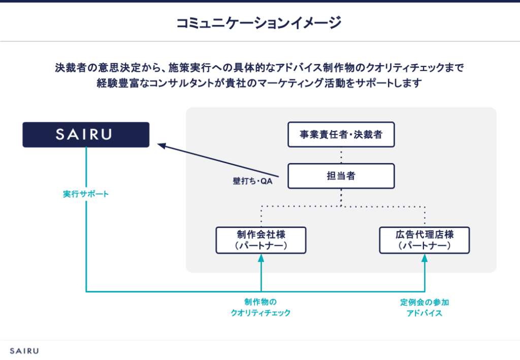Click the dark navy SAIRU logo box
pyautogui.click(x=86, y=135)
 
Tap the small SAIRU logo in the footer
pyautogui.click(x=24, y=350)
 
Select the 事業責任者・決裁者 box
pyautogui.click(x=341, y=135)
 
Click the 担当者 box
pyautogui.click(x=341, y=176)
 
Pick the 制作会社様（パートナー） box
pyautogui.click(x=261, y=240)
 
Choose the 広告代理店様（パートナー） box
pyautogui.click(x=425, y=240)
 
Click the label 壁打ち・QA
pyautogui.click(x=252, y=181)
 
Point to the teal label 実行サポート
pyautogui.click(x=86, y=194)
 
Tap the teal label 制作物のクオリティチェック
pyautogui.click(x=261, y=308)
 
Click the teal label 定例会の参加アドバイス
pyautogui.click(x=425, y=308)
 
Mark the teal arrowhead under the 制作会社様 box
pyautogui.click(x=261, y=257)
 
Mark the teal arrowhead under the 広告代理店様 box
pyautogui.click(x=425, y=257)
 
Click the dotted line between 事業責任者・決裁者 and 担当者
pyautogui.click(x=341, y=155)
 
